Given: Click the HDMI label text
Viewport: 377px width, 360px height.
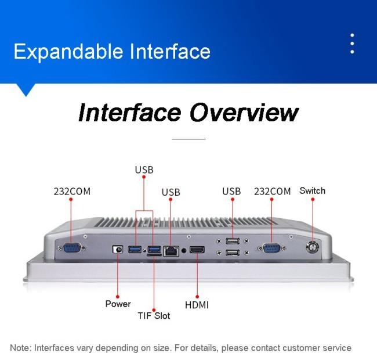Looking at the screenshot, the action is tap(197, 305).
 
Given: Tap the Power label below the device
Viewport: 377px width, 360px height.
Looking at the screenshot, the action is tap(118, 304).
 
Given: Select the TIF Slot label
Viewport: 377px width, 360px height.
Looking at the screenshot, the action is tap(154, 315).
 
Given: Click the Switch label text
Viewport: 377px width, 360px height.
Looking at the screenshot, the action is tap(312, 190).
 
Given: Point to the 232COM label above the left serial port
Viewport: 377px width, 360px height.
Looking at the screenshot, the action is tap(72, 192).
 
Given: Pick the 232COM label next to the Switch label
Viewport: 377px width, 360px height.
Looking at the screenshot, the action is tap(273, 192).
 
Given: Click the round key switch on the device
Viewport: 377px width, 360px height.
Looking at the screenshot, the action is tap(312, 247).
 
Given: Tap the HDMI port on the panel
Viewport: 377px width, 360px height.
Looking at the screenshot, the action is tap(197, 250).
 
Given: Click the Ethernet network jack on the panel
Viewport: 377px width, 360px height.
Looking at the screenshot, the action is tap(171, 251).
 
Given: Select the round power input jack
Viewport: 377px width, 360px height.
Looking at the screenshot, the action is tap(118, 250).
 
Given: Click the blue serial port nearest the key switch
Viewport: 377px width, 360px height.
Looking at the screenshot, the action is tap(271, 249).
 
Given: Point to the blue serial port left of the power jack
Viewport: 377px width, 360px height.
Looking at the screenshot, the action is tap(72, 248).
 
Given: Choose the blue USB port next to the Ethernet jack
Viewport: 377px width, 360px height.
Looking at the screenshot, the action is tap(154, 249).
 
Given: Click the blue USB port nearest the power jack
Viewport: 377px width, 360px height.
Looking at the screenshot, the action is tap(135, 249).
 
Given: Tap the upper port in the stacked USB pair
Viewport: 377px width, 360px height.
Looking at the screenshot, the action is tap(233, 241).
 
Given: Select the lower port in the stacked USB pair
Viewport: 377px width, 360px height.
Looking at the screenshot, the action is tap(233, 253).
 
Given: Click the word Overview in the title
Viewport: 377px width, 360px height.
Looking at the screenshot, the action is tap(244, 113).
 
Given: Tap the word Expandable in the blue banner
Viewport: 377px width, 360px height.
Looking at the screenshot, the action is tap(68, 52).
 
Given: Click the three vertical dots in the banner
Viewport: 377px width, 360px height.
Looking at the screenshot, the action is tap(352, 44).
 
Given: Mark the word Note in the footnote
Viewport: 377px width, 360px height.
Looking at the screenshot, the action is tap(21, 348).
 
